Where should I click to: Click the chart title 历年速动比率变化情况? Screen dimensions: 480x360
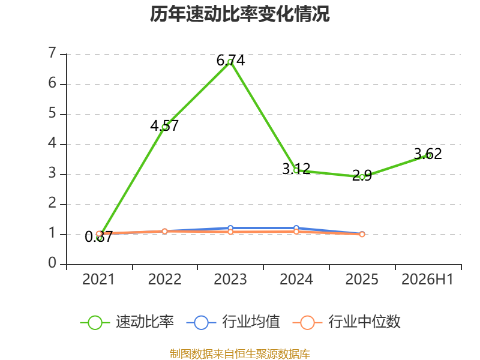(239, 14)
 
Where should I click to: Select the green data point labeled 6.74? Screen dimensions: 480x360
(230, 62)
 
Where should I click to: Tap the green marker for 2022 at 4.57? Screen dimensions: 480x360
(164, 127)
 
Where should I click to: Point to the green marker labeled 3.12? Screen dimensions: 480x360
(296, 170)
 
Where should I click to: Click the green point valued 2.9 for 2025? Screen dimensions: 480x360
(362, 177)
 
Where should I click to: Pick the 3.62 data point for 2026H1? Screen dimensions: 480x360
(428, 155)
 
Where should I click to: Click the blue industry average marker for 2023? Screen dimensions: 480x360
(230, 228)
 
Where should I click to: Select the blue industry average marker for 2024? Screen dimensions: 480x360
(296, 228)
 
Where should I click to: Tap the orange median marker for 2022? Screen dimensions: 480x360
(164, 231)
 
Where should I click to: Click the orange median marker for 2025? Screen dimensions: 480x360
(362, 234)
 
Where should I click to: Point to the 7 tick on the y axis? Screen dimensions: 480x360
(52, 53)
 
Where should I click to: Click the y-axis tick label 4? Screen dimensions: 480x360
(52, 143)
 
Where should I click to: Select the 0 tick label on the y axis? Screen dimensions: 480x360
(52, 263)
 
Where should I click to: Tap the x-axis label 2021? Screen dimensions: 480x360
(98, 280)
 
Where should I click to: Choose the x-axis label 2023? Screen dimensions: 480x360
(230, 280)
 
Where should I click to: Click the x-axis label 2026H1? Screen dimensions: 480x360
(427, 280)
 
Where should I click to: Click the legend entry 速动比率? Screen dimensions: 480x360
(127, 322)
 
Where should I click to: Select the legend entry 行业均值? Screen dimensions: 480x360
(233, 322)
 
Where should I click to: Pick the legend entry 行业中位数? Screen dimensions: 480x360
(347, 322)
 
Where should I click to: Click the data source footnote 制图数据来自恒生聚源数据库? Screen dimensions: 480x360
(240, 354)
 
